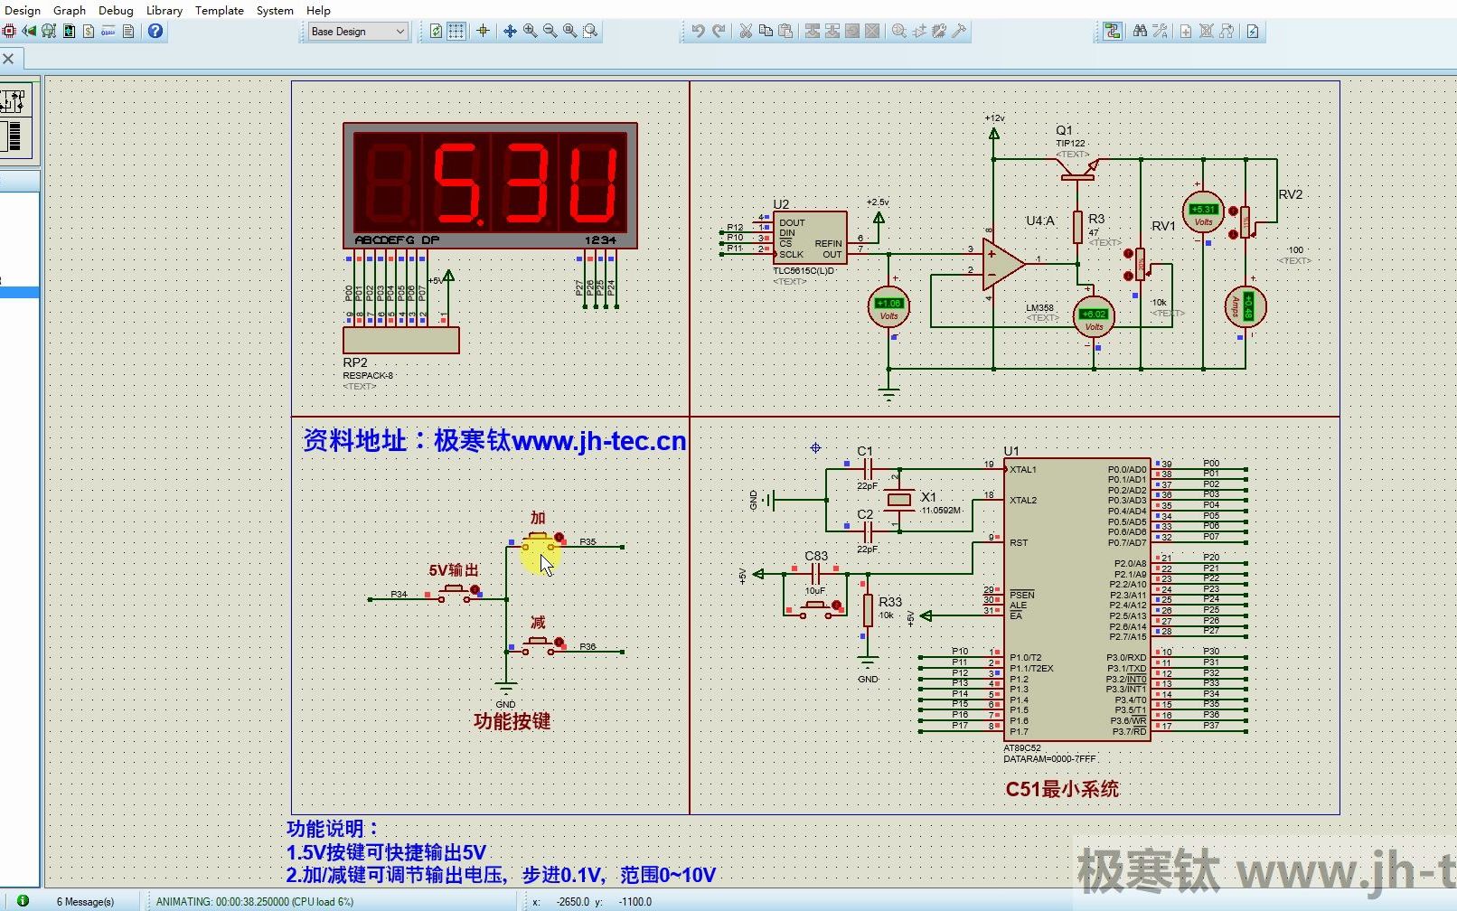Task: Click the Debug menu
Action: pyautogui.click(x=116, y=10)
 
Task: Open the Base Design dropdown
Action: pyautogui.click(x=358, y=32)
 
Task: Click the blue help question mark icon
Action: pyautogui.click(x=155, y=31)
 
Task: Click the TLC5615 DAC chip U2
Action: pyautogui.click(x=810, y=238)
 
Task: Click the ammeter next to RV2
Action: pyautogui.click(x=1246, y=306)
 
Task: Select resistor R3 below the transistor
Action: pyautogui.click(x=1078, y=226)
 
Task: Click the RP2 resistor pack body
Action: pyautogui.click(x=400, y=340)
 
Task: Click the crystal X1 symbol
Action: pyautogui.click(x=898, y=499)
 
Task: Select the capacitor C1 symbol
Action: pyautogui.click(x=867, y=468)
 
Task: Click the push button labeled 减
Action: pyautogui.click(x=539, y=643)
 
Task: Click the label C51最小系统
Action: pyautogui.click(x=1062, y=789)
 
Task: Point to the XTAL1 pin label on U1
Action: pyautogui.click(x=1023, y=470)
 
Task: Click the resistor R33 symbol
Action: pyautogui.click(x=868, y=610)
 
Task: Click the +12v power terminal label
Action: pyautogui.click(x=994, y=118)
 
